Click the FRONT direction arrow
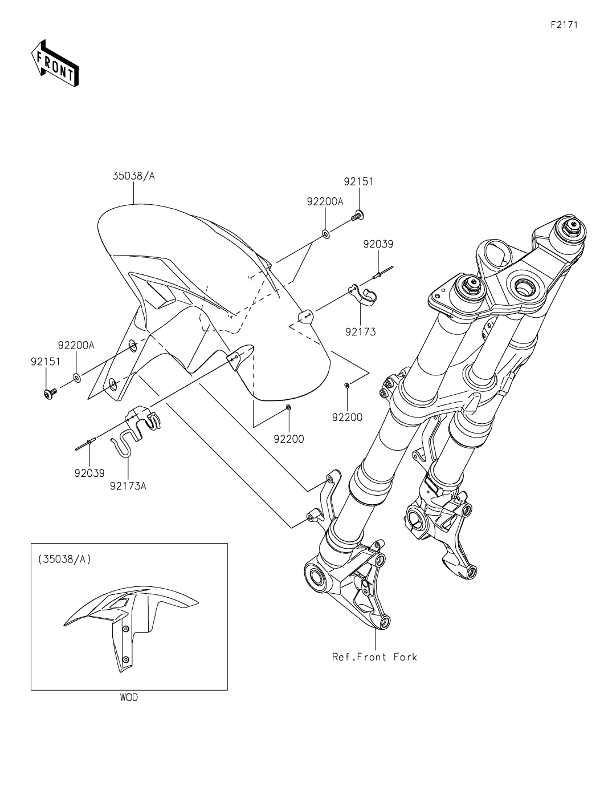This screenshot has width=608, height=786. pyautogui.click(x=55, y=63)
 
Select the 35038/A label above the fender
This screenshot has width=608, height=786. pyautogui.click(x=134, y=176)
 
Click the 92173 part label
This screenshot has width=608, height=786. pyautogui.click(x=360, y=331)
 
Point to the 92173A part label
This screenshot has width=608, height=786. pyautogui.click(x=128, y=486)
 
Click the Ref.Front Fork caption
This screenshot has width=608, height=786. pyautogui.click(x=374, y=657)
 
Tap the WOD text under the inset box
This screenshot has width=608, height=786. pyautogui.click(x=129, y=697)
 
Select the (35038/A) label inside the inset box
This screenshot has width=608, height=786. pyautogui.click(x=64, y=559)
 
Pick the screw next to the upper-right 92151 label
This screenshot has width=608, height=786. pyautogui.click(x=358, y=215)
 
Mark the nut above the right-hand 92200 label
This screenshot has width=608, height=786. pyautogui.click(x=346, y=386)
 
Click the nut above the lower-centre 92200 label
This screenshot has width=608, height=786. pyautogui.click(x=288, y=407)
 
